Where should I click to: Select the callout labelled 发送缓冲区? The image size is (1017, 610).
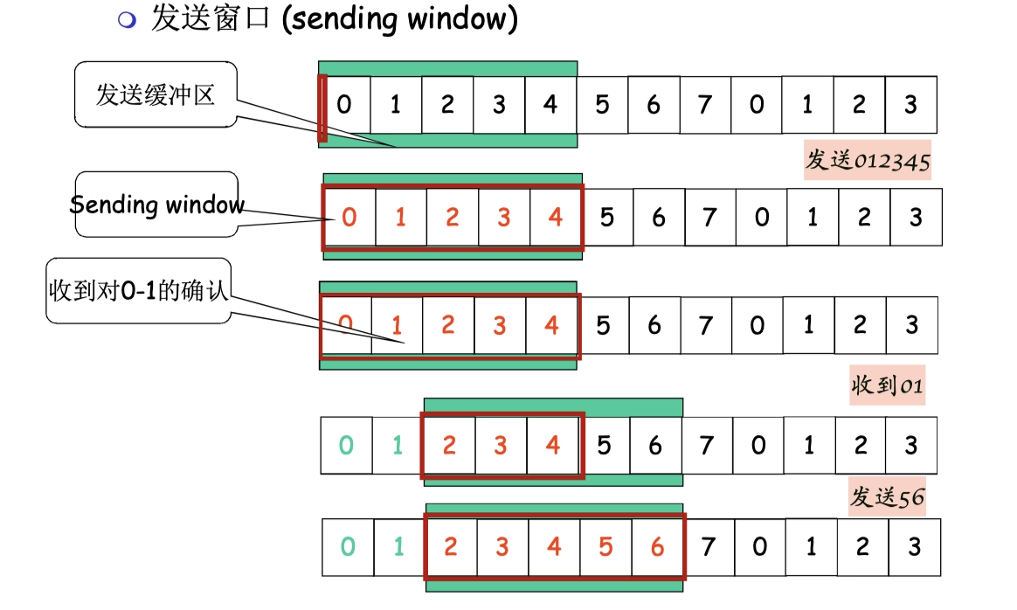coord(156,95)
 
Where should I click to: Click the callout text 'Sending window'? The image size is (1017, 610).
coord(156,205)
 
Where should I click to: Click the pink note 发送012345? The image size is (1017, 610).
coord(867,161)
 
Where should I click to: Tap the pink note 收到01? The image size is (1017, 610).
coord(887,385)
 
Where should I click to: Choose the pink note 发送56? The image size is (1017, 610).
coord(886,498)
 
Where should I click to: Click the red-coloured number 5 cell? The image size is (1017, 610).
coord(605,548)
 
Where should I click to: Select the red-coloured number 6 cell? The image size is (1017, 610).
coord(657,548)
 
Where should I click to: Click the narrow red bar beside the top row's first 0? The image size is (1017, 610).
coord(322,107)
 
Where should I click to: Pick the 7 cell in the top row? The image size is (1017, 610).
coord(704,105)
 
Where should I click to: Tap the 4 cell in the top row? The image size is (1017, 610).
coord(550,105)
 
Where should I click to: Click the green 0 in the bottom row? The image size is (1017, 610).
coord(348,548)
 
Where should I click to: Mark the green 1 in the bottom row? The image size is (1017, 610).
coord(399,548)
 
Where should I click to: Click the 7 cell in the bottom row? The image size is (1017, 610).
coord(708,548)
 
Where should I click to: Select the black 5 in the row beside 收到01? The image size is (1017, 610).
coord(603,446)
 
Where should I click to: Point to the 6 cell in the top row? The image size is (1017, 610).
coord(653,105)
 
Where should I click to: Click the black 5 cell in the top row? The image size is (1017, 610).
coord(601,105)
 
